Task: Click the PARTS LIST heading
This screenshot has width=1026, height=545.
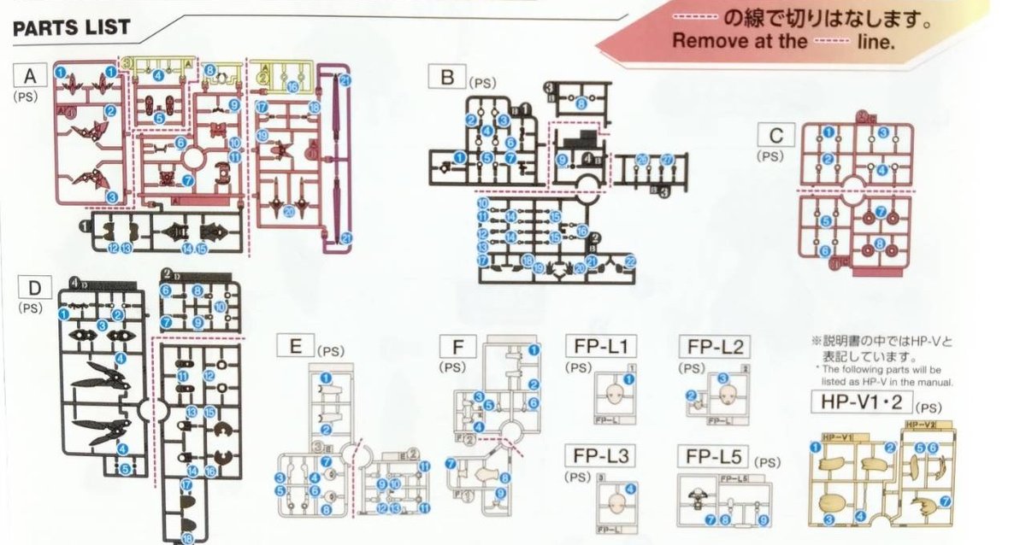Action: (x=72, y=27)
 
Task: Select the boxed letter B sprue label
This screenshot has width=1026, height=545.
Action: (x=446, y=79)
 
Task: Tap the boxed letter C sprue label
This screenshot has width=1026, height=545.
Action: (x=776, y=136)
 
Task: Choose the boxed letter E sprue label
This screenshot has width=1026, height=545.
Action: (x=295, y=346)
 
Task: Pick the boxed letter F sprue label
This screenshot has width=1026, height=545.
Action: (x=453, y=347)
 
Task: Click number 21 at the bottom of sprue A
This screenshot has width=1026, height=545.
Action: (x=346, y=237)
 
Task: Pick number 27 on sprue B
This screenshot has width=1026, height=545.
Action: (x=667, y=160)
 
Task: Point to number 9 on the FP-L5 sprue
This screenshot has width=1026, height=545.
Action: (x=764, y=519)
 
